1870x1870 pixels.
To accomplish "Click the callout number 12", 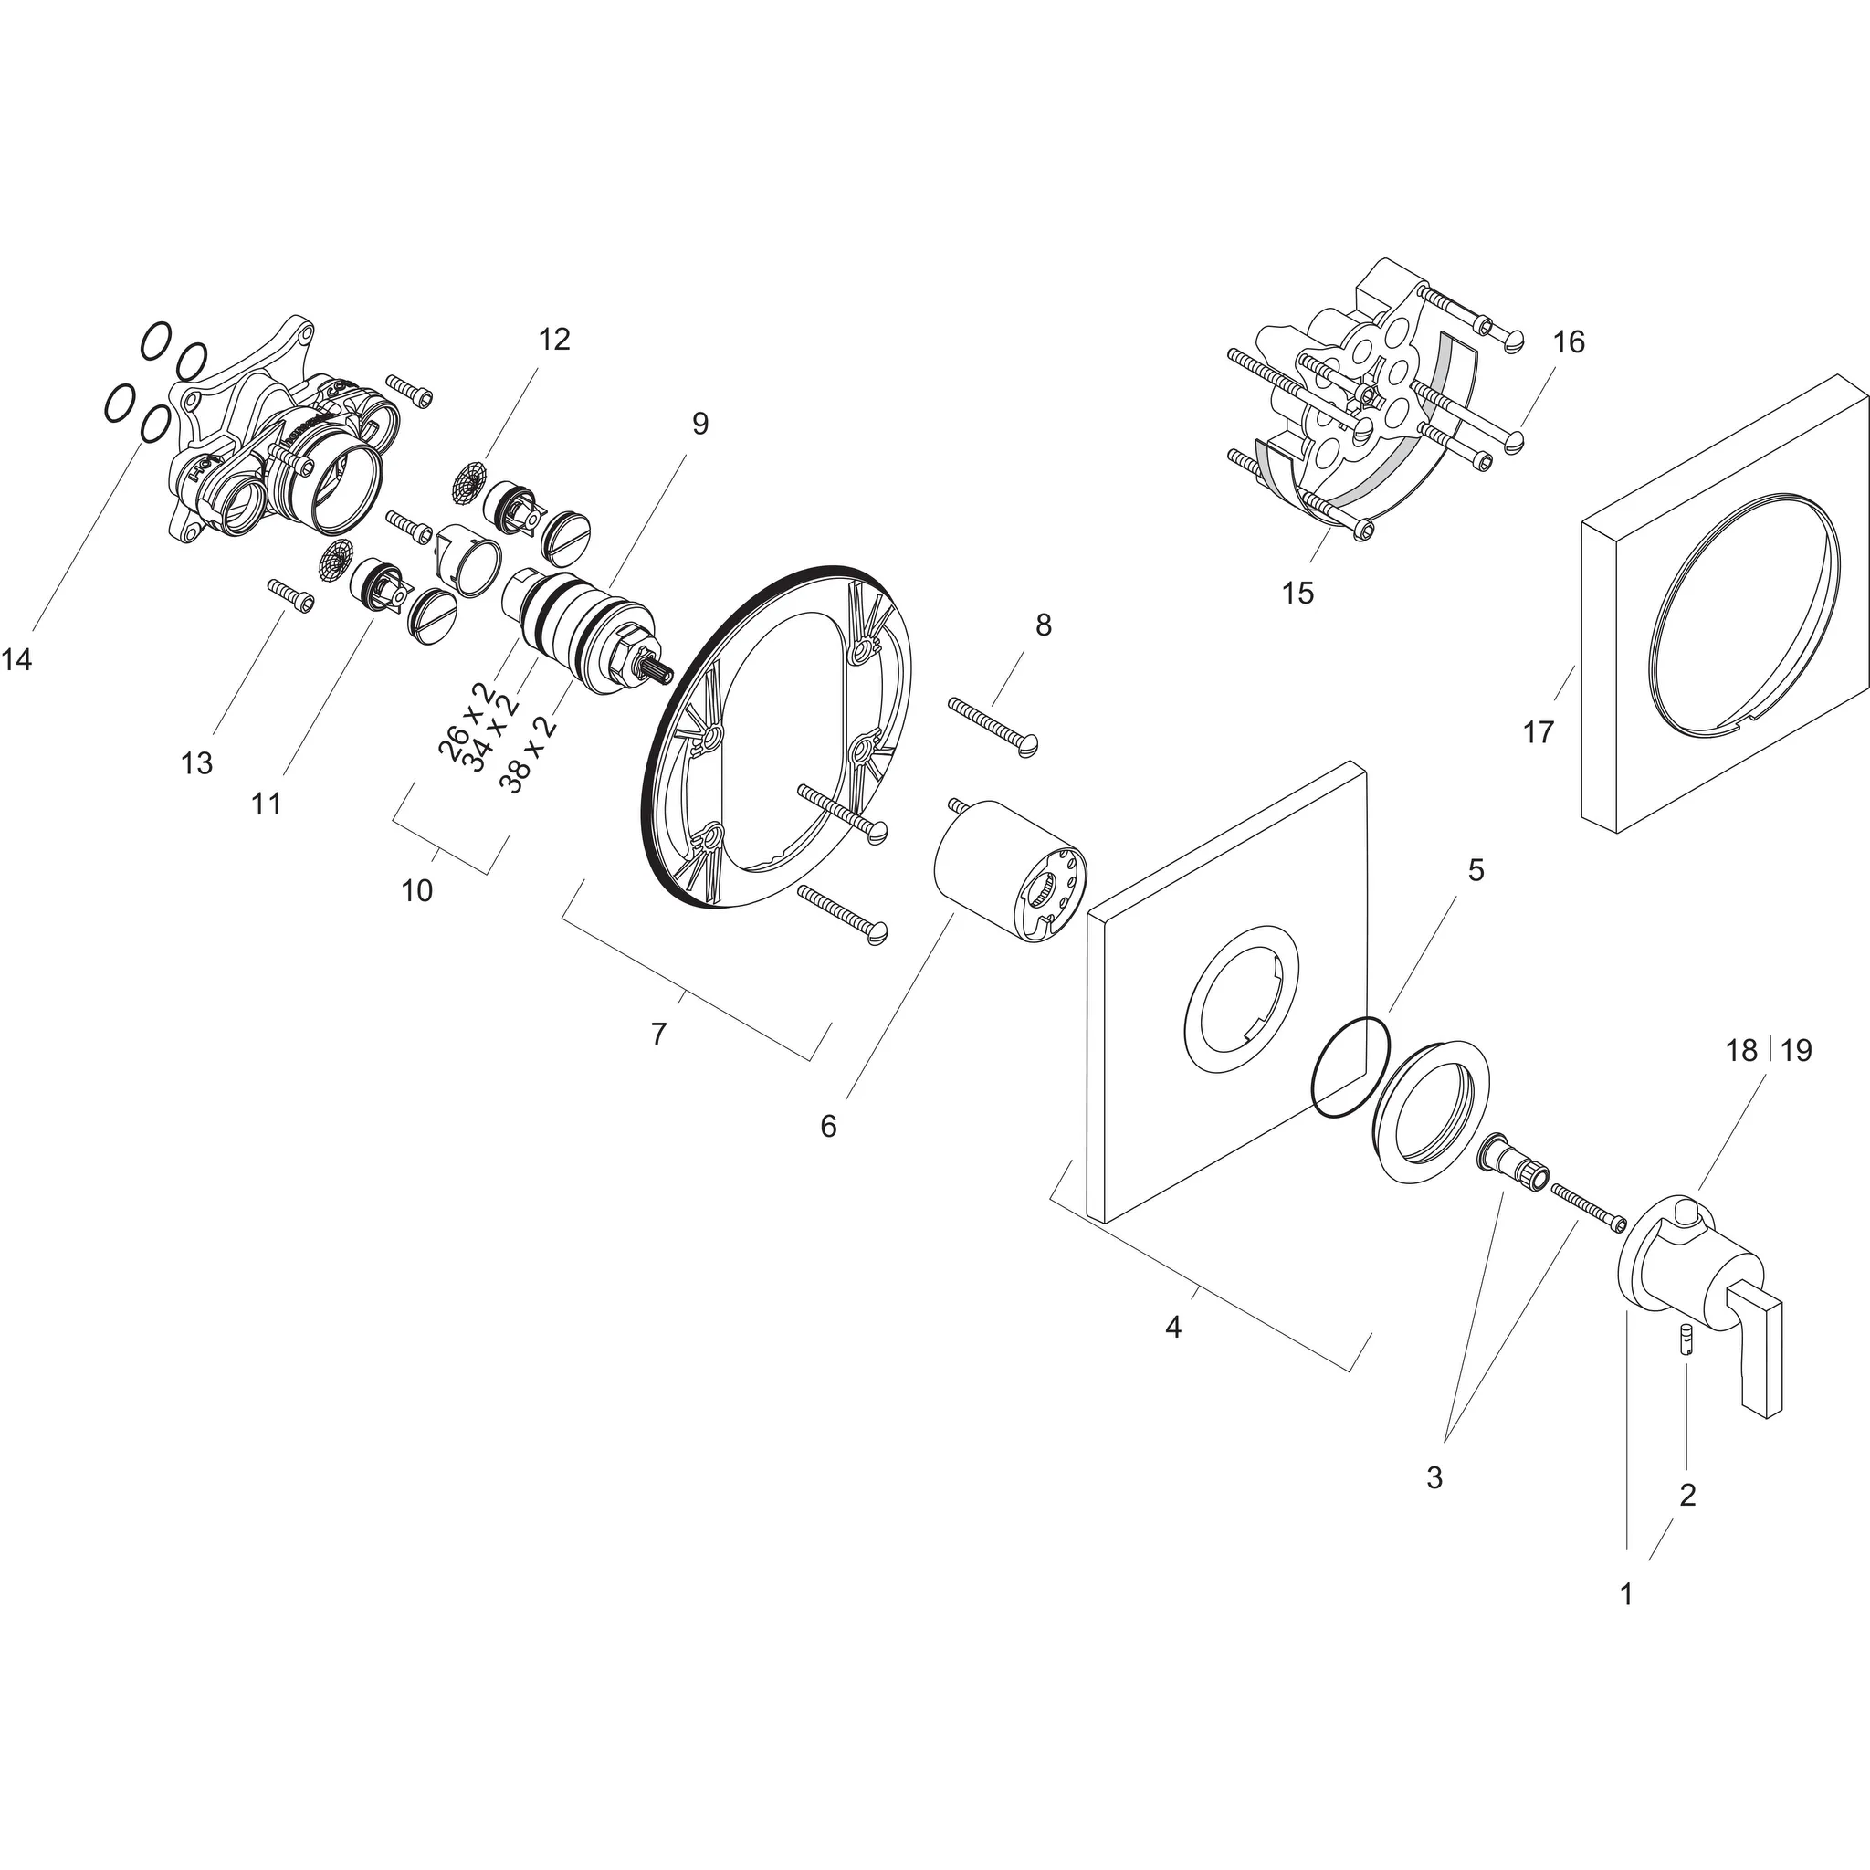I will (554, 340).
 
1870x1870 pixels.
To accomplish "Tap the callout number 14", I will (16, 660).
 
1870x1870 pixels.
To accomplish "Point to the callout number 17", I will (1538, 732).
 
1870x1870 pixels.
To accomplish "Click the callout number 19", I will (1796, 1050).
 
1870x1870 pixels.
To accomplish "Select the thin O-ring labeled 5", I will (1350, 1068).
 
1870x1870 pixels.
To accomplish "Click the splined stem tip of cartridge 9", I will (661, 672).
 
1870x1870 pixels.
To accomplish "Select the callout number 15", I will (1298, 594).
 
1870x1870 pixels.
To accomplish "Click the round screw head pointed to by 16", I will (1516, 439).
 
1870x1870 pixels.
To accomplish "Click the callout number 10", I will (417, 890).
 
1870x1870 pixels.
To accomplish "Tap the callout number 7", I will (659, 1035).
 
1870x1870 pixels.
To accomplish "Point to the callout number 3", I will (1434, 1478).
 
